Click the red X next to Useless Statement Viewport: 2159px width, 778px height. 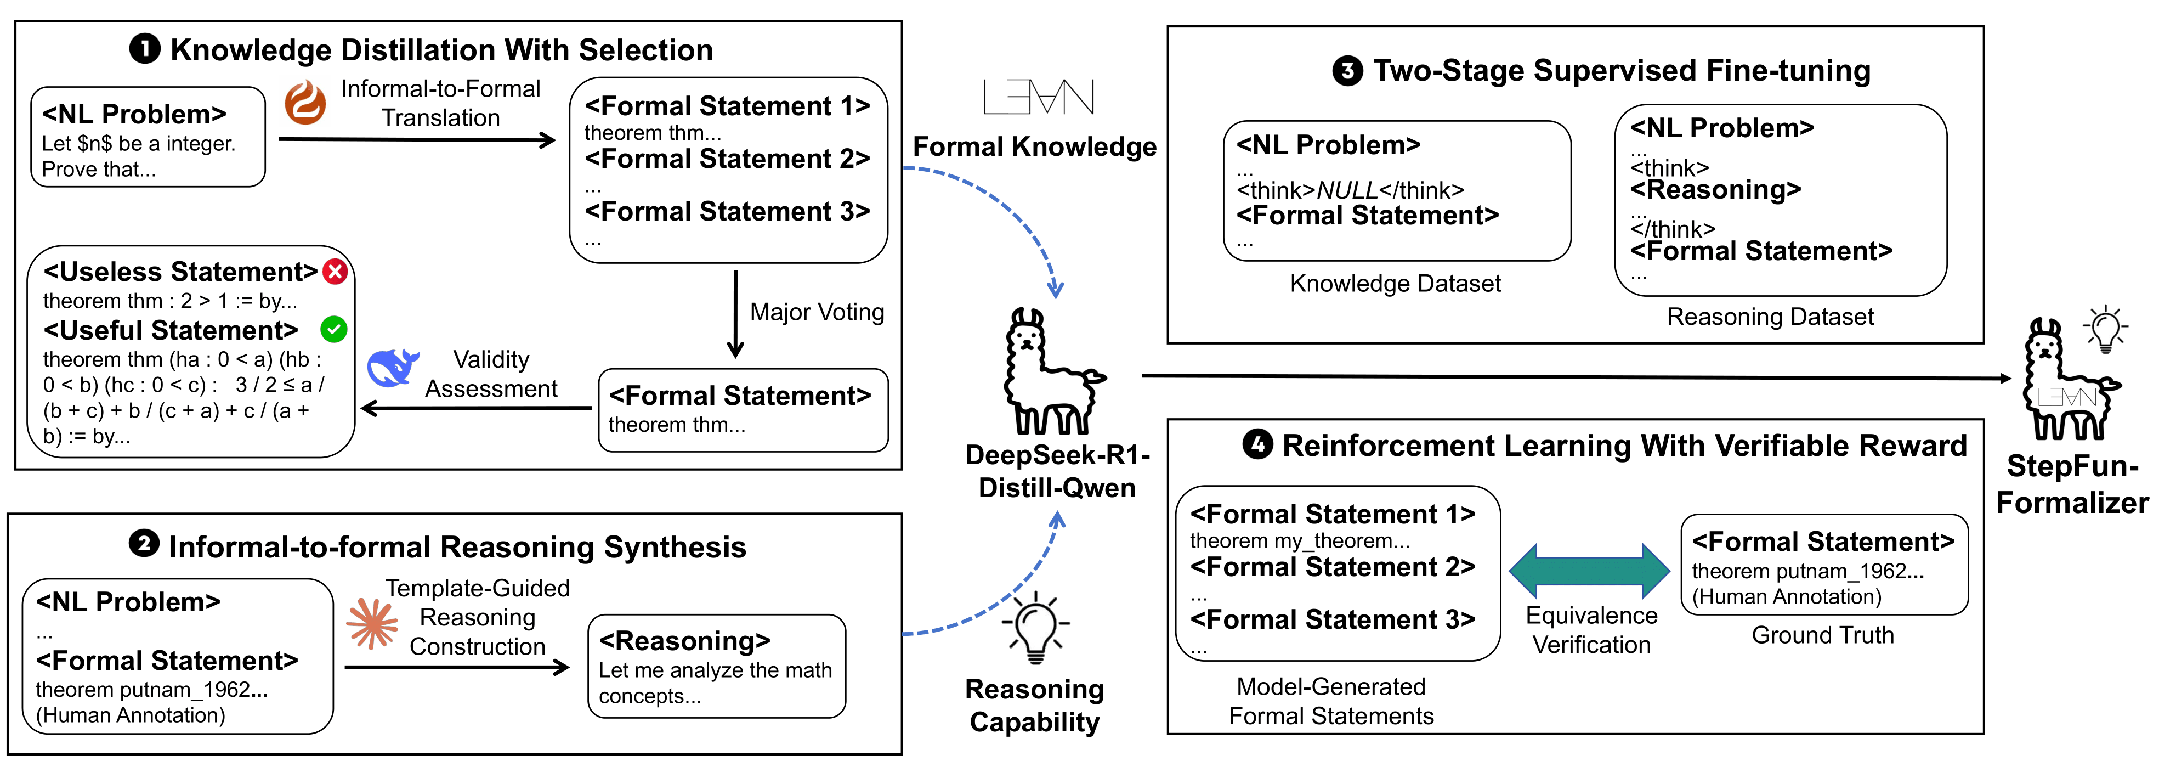click(335, 272)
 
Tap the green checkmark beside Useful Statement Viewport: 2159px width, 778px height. click(333, 330)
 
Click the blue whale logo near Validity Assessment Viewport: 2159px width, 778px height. click(392, 368)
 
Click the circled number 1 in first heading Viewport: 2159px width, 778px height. click(144, 49)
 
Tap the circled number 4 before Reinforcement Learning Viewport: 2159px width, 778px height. click(1257, 444)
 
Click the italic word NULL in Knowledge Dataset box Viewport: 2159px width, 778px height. click(1346, 191)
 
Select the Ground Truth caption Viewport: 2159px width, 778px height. click(1822, 635)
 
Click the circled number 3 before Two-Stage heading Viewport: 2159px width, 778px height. click(1347, 70)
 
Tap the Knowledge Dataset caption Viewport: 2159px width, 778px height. click(1395, 283)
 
